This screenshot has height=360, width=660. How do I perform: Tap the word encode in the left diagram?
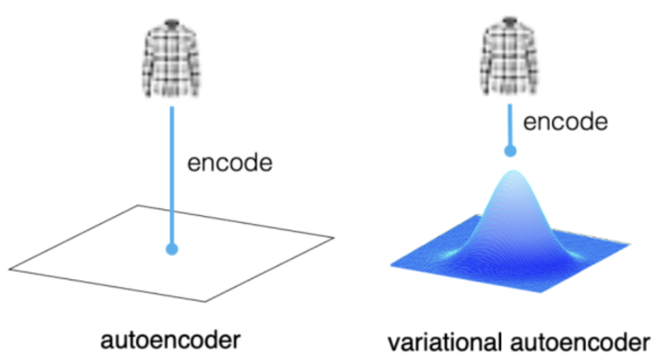tap(230, 163)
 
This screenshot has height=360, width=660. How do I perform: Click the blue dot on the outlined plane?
tap(172, 248)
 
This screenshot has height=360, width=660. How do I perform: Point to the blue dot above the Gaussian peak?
tap(511, 150)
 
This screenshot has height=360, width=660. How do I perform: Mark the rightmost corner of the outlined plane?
tap(334, 237)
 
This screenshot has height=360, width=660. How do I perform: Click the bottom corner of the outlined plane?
tap(205, 302)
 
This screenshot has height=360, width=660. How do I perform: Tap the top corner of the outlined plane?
tap(138, 205)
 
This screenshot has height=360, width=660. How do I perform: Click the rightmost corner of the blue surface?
tap(629, 244)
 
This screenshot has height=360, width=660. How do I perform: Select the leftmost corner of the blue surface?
tap(391, 263)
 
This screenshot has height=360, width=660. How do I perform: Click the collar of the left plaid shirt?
tap(172, 24)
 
